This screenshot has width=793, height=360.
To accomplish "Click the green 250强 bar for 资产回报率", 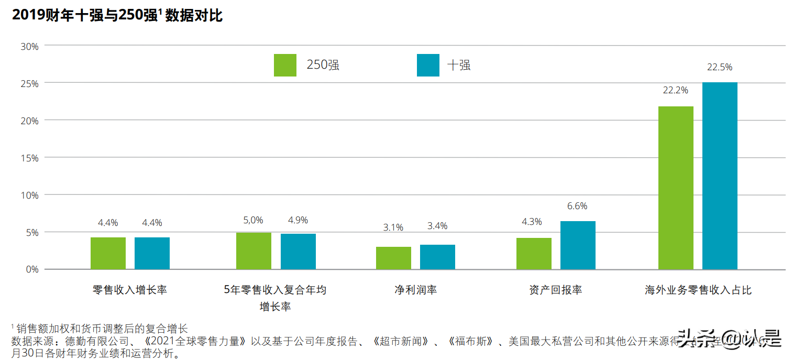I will point(534,254).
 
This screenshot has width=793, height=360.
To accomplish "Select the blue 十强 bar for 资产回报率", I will point(578,245).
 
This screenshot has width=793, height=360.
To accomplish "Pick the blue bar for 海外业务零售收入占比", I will point(720,176).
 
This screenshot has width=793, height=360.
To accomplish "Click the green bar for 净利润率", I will point(393,258).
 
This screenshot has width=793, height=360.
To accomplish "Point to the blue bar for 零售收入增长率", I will point(152,253).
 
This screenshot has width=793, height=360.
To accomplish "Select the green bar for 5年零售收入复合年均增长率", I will point(254,251).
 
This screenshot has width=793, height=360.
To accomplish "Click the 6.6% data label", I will point(577,206).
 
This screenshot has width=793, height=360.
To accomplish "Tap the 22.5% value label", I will point(719,67).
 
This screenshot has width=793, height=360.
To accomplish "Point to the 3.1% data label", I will point(393,227).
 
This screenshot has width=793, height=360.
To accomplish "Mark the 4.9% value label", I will point(298,220).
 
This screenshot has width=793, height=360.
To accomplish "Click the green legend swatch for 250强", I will point(285,66).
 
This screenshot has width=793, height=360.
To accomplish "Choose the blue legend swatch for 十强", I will point(428,66).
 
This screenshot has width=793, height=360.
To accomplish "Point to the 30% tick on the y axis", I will point(29,46).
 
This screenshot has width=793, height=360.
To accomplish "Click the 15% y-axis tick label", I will point(29,158).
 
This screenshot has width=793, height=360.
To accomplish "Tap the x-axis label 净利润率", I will point(415,290).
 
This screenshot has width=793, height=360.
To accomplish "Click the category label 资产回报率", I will point(556,290).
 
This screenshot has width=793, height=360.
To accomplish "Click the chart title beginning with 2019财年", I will point(117,16).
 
